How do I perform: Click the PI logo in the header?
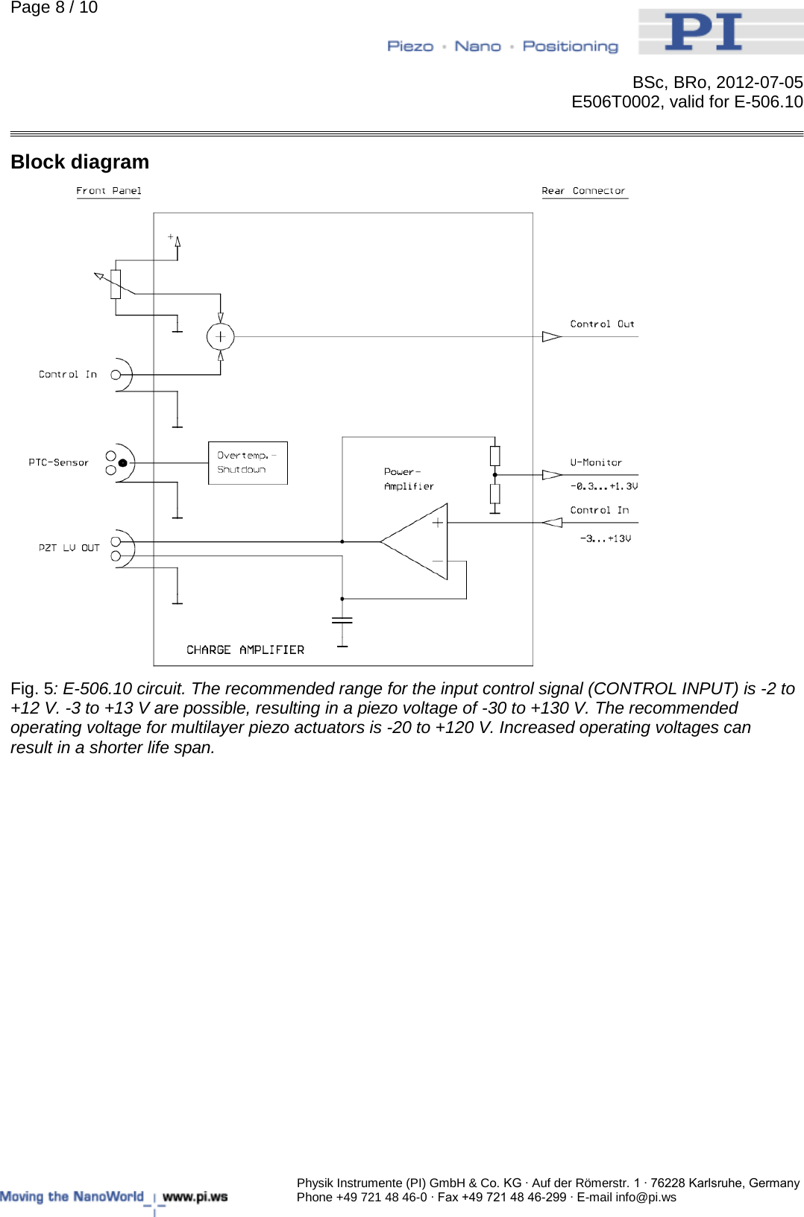pos(704,32)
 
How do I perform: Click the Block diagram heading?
pos(80,162)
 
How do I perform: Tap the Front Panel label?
pos(108,191)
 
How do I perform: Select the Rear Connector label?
pos(583,191)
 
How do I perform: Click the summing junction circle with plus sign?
pos(220,336)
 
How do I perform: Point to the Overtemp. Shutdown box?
pos(248,463)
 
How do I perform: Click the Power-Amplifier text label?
pos(408,479)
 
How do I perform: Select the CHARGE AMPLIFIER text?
pos(245,650)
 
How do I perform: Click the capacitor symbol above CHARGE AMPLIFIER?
pos(342,620)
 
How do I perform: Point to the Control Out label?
pos(602,324)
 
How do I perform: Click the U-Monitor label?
pos(596,462)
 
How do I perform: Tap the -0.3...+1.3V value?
pos(604,486)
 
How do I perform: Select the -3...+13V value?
pos(606,538)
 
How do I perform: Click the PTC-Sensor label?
pos(58,462)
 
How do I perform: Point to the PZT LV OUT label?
pos(69,548)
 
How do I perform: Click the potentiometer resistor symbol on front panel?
pos(116,284)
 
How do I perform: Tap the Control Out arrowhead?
pos(551,336)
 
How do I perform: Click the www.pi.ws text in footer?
pos(195,1197)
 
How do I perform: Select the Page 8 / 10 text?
pos(54,8)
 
